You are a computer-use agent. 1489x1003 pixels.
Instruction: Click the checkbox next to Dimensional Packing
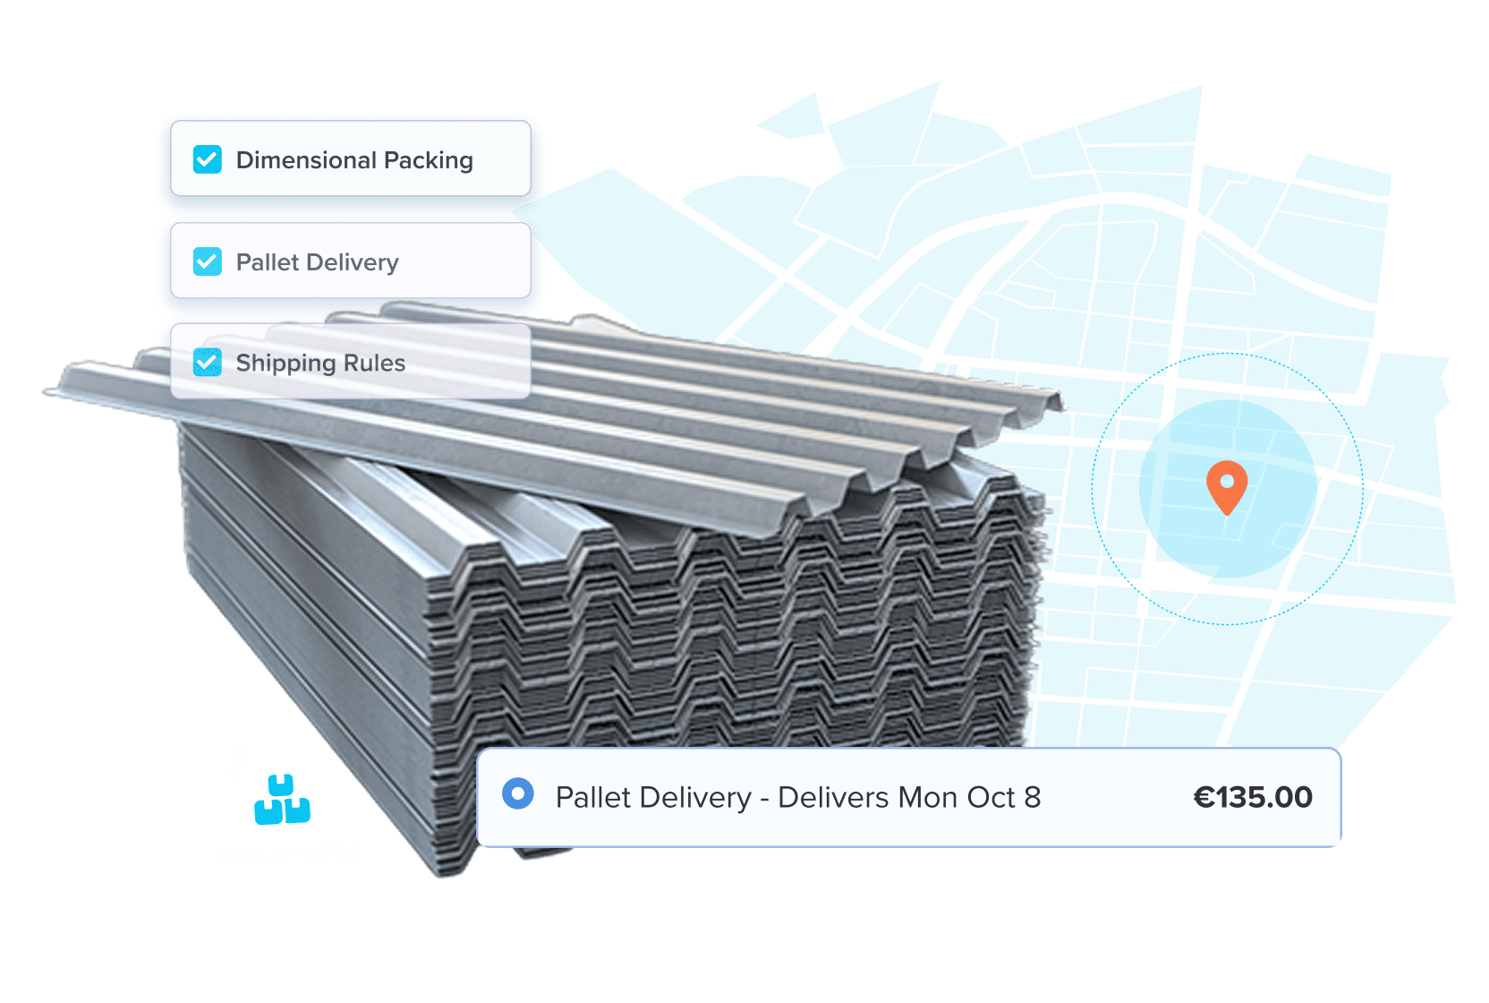208,159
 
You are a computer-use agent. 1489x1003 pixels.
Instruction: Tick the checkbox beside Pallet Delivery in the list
208,261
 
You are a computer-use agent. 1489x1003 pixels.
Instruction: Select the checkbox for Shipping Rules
208,363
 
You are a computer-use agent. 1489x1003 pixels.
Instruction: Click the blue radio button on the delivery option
518,793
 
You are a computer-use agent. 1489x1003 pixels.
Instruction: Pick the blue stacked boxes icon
282,800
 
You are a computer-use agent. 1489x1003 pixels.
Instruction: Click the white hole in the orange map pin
1227,480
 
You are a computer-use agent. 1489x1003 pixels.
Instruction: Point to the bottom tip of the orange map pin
1227,515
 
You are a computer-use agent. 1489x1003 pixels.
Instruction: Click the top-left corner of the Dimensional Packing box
172,122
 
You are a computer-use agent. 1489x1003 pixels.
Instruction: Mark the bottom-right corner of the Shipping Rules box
531,398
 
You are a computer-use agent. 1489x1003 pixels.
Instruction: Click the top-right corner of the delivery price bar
1340,749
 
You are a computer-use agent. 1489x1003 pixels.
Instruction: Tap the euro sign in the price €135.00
1204,798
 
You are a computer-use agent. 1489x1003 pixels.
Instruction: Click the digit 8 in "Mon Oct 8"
1033,798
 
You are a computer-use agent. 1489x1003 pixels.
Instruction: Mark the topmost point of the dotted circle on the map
1227,353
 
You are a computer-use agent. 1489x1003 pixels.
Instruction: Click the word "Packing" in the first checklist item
428,161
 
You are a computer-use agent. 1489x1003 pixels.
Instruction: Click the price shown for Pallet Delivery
1253,798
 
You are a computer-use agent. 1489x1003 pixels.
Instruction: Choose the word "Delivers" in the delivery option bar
834,798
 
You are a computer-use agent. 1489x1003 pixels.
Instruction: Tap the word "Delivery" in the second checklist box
353,263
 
